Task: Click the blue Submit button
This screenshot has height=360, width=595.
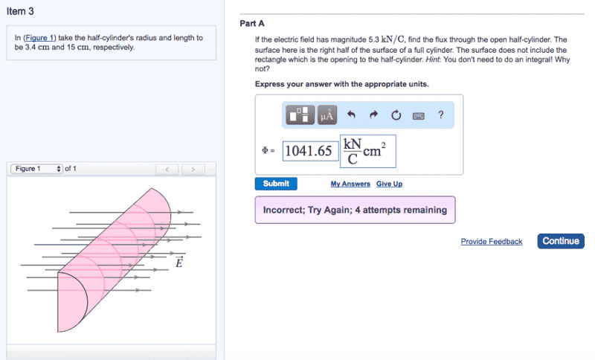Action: point(276,184)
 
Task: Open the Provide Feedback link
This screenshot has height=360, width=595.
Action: point(492,241)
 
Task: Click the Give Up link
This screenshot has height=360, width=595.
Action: point(389,184)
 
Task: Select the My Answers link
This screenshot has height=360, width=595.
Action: point(350,184)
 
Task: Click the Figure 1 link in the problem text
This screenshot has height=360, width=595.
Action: point(39,37)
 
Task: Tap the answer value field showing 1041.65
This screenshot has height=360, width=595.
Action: point(310,151)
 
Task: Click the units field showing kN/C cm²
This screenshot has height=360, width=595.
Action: point(367,151)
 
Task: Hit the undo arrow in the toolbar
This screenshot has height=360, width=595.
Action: point(351,115)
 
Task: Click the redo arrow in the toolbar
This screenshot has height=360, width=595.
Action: point(374,115)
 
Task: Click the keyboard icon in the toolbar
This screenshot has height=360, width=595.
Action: point(418,116)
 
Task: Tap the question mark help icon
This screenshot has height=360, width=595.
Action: point(440,115)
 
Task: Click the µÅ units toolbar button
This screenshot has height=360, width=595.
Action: point(327,115)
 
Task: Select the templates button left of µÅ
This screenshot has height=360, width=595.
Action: point(300,115)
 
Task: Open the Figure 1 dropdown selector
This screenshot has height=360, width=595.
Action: point(36,169)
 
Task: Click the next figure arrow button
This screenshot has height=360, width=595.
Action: point(193,169)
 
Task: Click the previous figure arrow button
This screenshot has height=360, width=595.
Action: point(167,169)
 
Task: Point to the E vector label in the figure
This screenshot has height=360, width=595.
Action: point(179,262)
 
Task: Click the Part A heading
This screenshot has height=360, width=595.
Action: point(252,24)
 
